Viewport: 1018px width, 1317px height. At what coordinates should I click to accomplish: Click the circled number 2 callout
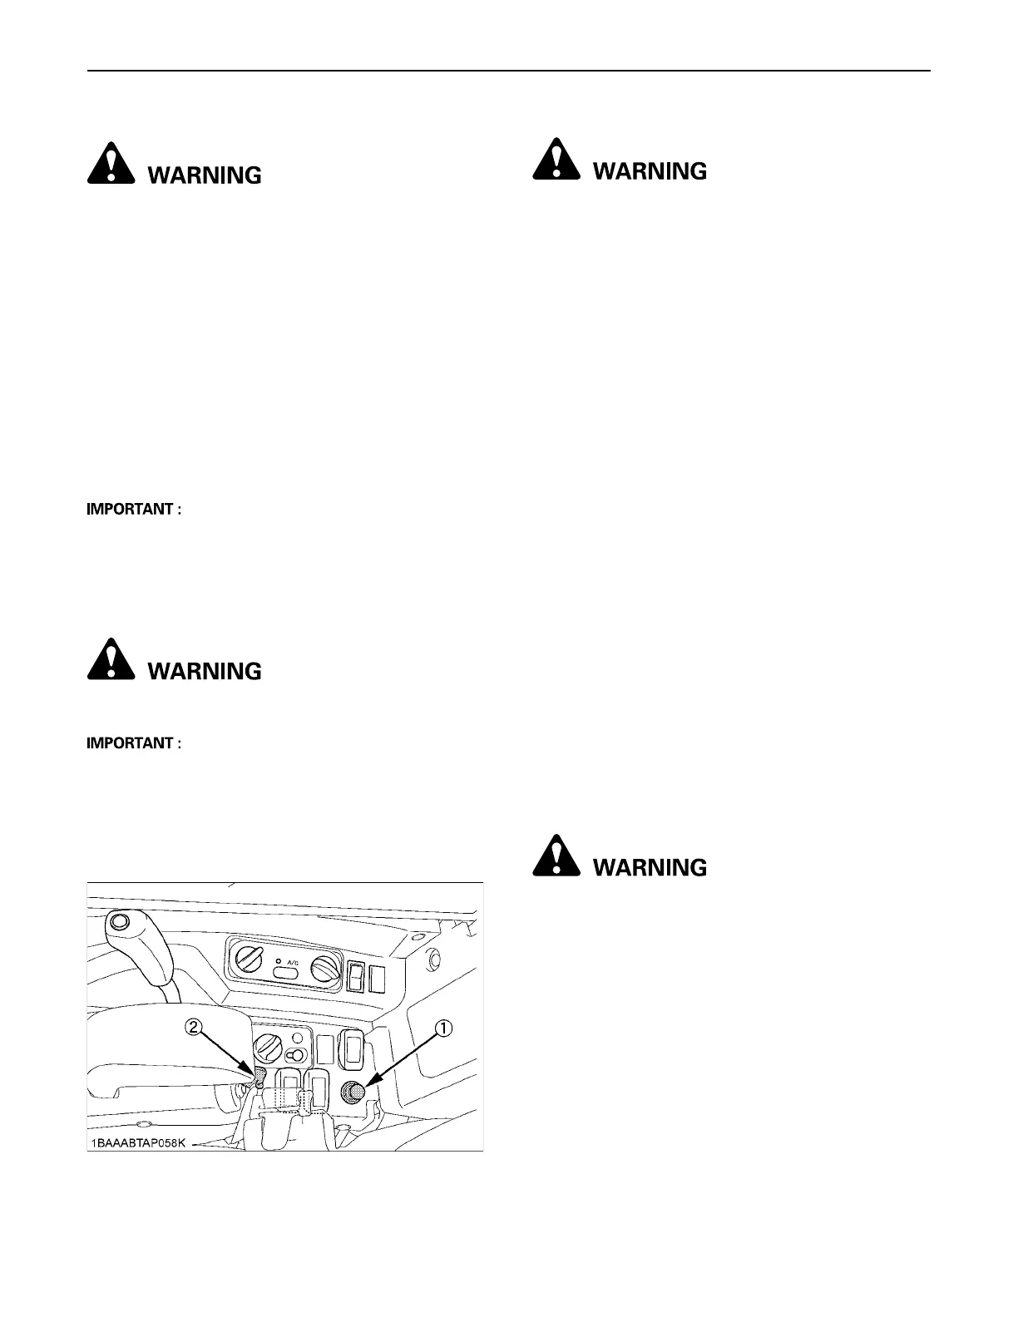pos(192,1028)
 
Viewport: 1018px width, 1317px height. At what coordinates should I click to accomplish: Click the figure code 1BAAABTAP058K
pos(139,1143)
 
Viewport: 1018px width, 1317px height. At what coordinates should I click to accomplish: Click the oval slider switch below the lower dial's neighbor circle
pos(295,1055)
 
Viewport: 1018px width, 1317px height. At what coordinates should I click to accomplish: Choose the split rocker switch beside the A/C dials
pos(357,977)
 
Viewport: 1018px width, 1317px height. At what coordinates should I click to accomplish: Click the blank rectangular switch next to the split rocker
pos(378,979)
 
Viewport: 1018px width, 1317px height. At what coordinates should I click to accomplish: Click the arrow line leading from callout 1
pos(403,1057)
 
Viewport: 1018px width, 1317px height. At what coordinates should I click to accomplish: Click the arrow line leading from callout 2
pos(225,1053)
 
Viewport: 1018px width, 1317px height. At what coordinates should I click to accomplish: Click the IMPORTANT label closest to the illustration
pos(134,743)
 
